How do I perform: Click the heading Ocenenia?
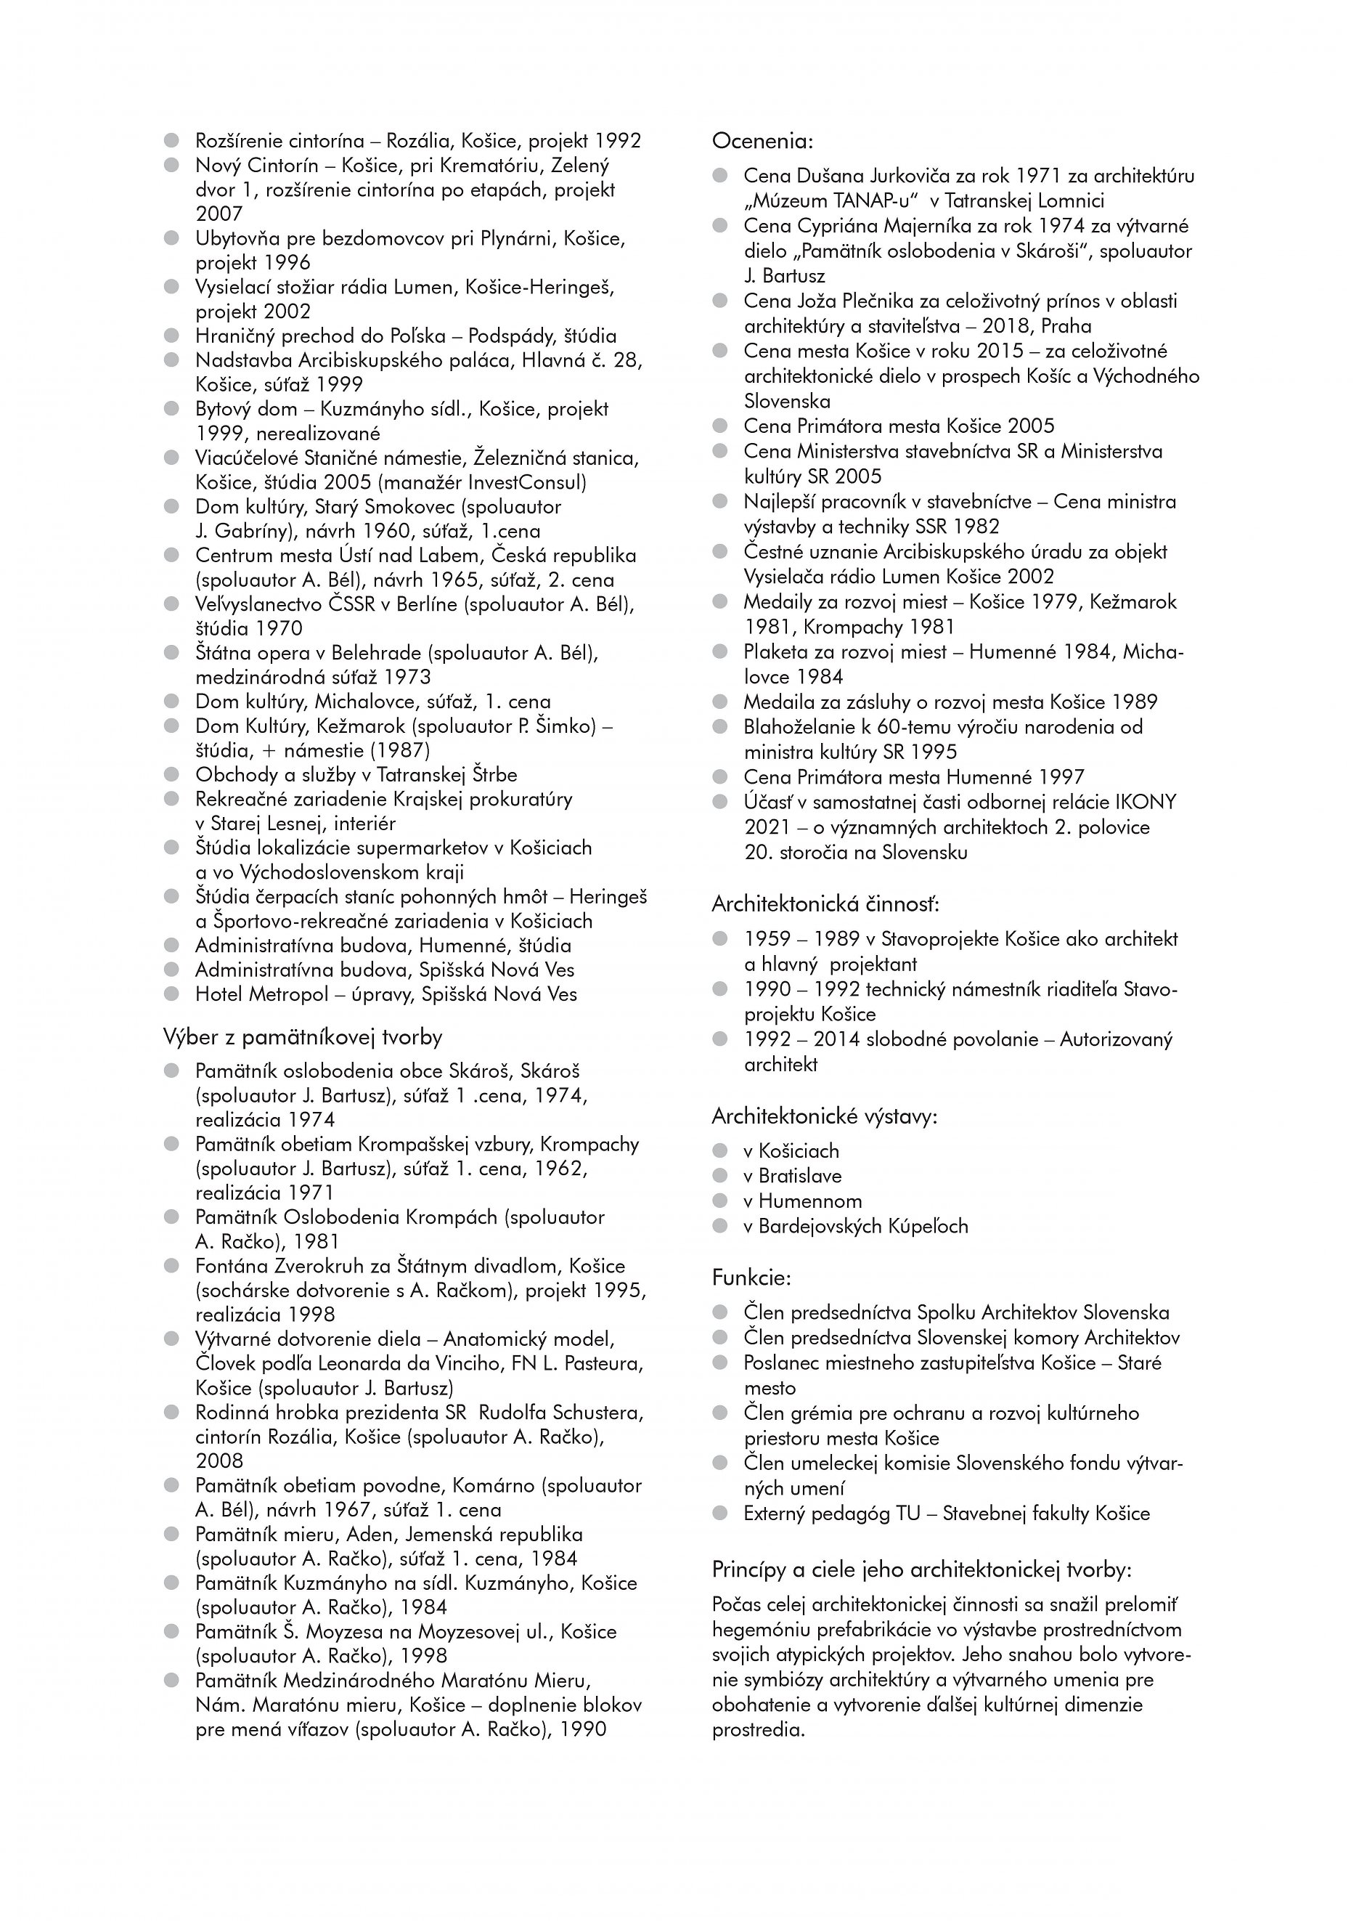[x=762, y=141]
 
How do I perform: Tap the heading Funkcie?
[x=751, y=1278]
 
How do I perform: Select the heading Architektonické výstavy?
[x=824, y=1116]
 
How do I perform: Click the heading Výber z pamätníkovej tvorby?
[x=303, y=1037]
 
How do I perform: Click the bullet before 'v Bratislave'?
[x=719, y=1175]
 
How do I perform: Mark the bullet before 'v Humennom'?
[x=719, y=1201]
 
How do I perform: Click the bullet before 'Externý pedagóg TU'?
[x=719, y=1513]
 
